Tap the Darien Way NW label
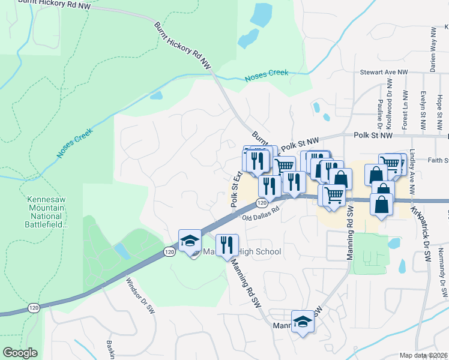click(x=432, y=52)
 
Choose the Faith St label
click(x=438, y=160)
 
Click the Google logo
click(x=20, y=353)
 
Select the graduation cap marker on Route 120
click(x=190, y=241)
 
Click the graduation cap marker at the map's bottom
click(x=303, y=322)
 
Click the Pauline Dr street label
click(x=379, y=114)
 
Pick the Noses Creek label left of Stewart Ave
click(x=266, y=76)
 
